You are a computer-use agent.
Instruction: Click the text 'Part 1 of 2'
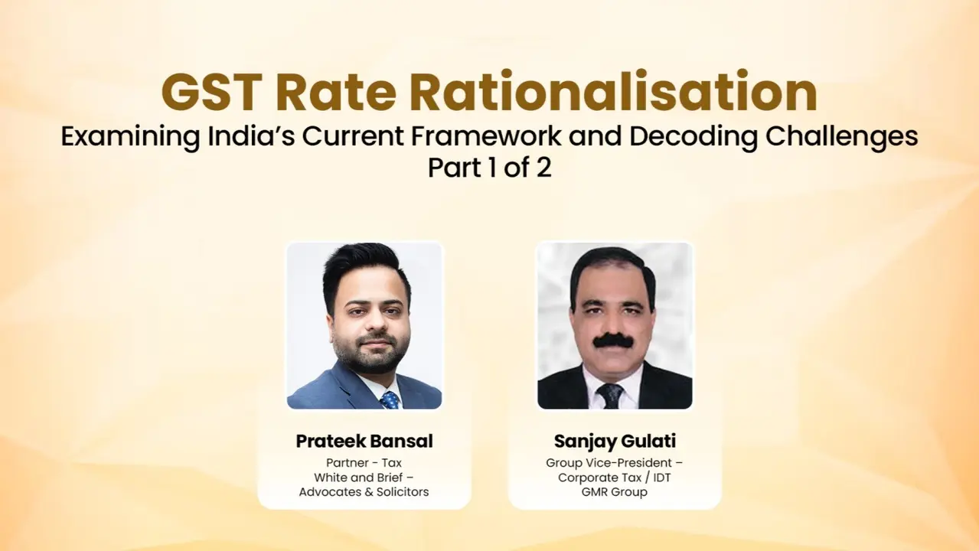489,168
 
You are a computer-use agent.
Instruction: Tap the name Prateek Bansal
364,442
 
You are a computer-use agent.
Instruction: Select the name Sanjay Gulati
615,442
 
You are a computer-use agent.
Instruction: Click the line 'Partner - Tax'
364,463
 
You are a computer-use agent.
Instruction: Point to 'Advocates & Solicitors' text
364,491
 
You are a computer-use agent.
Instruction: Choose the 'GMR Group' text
615,491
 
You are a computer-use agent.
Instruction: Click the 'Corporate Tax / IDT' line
615,478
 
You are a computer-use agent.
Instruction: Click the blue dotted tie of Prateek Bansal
389,399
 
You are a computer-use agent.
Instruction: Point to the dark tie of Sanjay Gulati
610,395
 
